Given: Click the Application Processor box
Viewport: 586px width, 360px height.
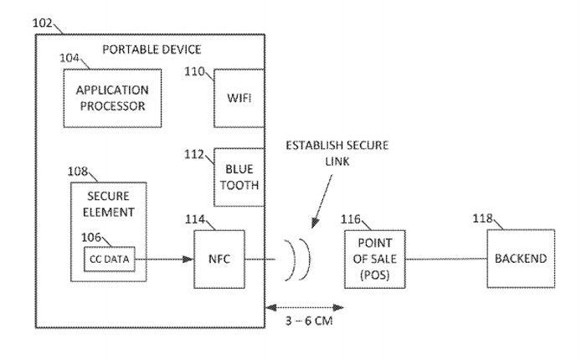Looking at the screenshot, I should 111,98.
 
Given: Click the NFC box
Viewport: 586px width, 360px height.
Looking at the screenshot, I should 219,258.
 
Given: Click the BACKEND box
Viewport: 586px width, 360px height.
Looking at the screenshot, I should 521,258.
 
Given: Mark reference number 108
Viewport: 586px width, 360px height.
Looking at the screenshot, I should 80,171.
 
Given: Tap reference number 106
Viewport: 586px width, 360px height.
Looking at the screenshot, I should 92,236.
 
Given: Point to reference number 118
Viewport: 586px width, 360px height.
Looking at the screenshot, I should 482,219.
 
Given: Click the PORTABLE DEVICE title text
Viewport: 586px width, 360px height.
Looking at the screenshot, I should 152,49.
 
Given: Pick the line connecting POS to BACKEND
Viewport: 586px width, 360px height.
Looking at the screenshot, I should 443,259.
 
